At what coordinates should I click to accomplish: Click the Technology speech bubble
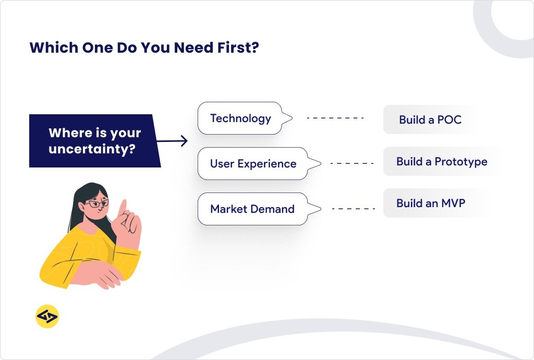(240, 118)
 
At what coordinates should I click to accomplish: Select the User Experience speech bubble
(253, 164)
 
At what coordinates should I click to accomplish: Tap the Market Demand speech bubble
(252, 209)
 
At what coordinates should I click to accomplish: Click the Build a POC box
(430, 120)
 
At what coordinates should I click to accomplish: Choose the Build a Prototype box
(442, 161)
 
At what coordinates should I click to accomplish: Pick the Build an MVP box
(430, 203)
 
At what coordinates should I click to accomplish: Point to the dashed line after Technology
(335, 118)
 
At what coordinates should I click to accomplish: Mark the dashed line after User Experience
(352, 163)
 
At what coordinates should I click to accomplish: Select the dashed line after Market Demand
(353, 209)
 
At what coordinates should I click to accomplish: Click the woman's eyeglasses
(96, 203)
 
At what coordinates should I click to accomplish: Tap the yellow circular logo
(47, 317)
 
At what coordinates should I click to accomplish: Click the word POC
(450, 120)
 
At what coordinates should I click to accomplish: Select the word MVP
(452, 203)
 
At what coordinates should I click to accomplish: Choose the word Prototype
(461, 161)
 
